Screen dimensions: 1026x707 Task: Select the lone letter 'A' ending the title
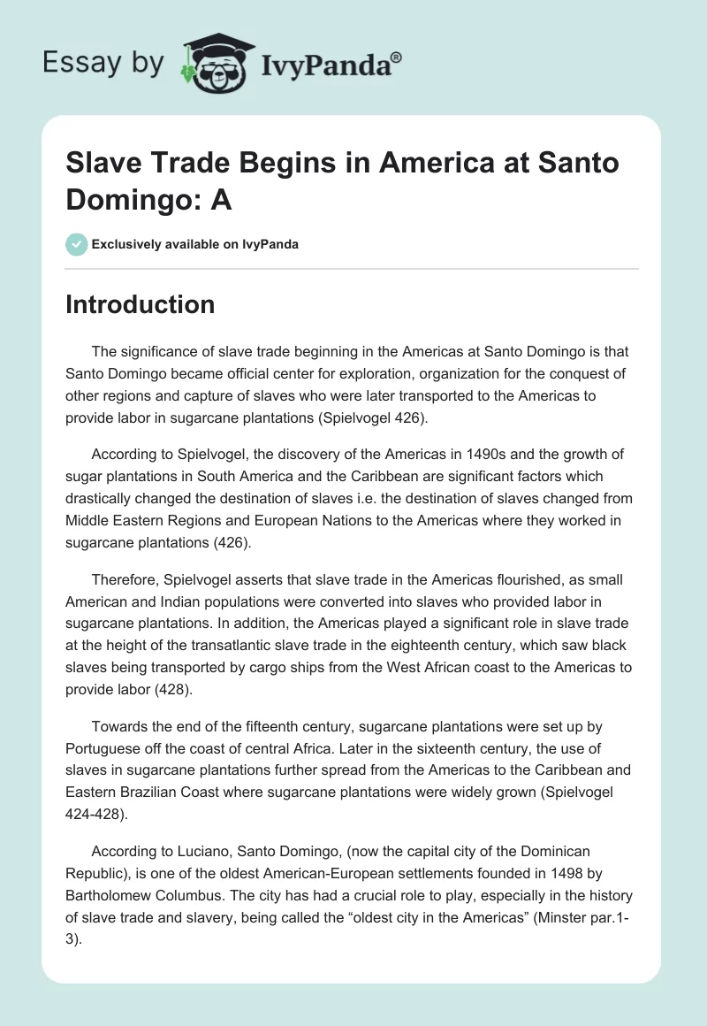221,201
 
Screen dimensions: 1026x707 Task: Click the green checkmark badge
76,245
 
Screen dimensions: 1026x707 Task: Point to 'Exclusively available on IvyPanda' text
194,245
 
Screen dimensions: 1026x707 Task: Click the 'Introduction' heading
140,304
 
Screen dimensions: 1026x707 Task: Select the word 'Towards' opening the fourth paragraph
120,726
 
